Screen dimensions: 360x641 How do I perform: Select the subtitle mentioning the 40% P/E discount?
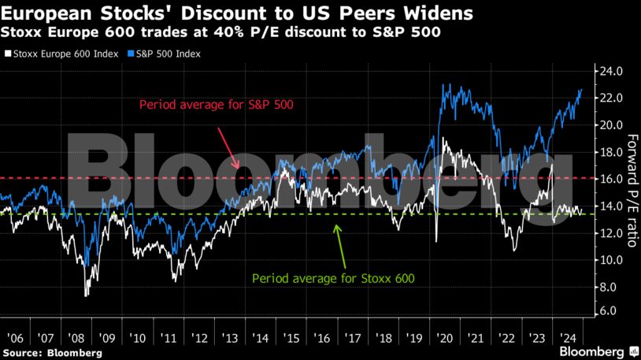coord(220,34)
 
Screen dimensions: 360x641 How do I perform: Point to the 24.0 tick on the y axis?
coord(612,71)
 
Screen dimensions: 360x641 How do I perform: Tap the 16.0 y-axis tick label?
coord(612,179)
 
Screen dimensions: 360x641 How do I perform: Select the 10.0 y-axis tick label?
coord(612,260)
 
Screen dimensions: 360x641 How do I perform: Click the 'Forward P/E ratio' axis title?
coord(629,189)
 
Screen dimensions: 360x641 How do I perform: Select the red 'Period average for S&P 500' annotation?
coord(217,104)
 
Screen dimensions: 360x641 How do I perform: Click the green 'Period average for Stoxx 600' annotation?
coord(333,278)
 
